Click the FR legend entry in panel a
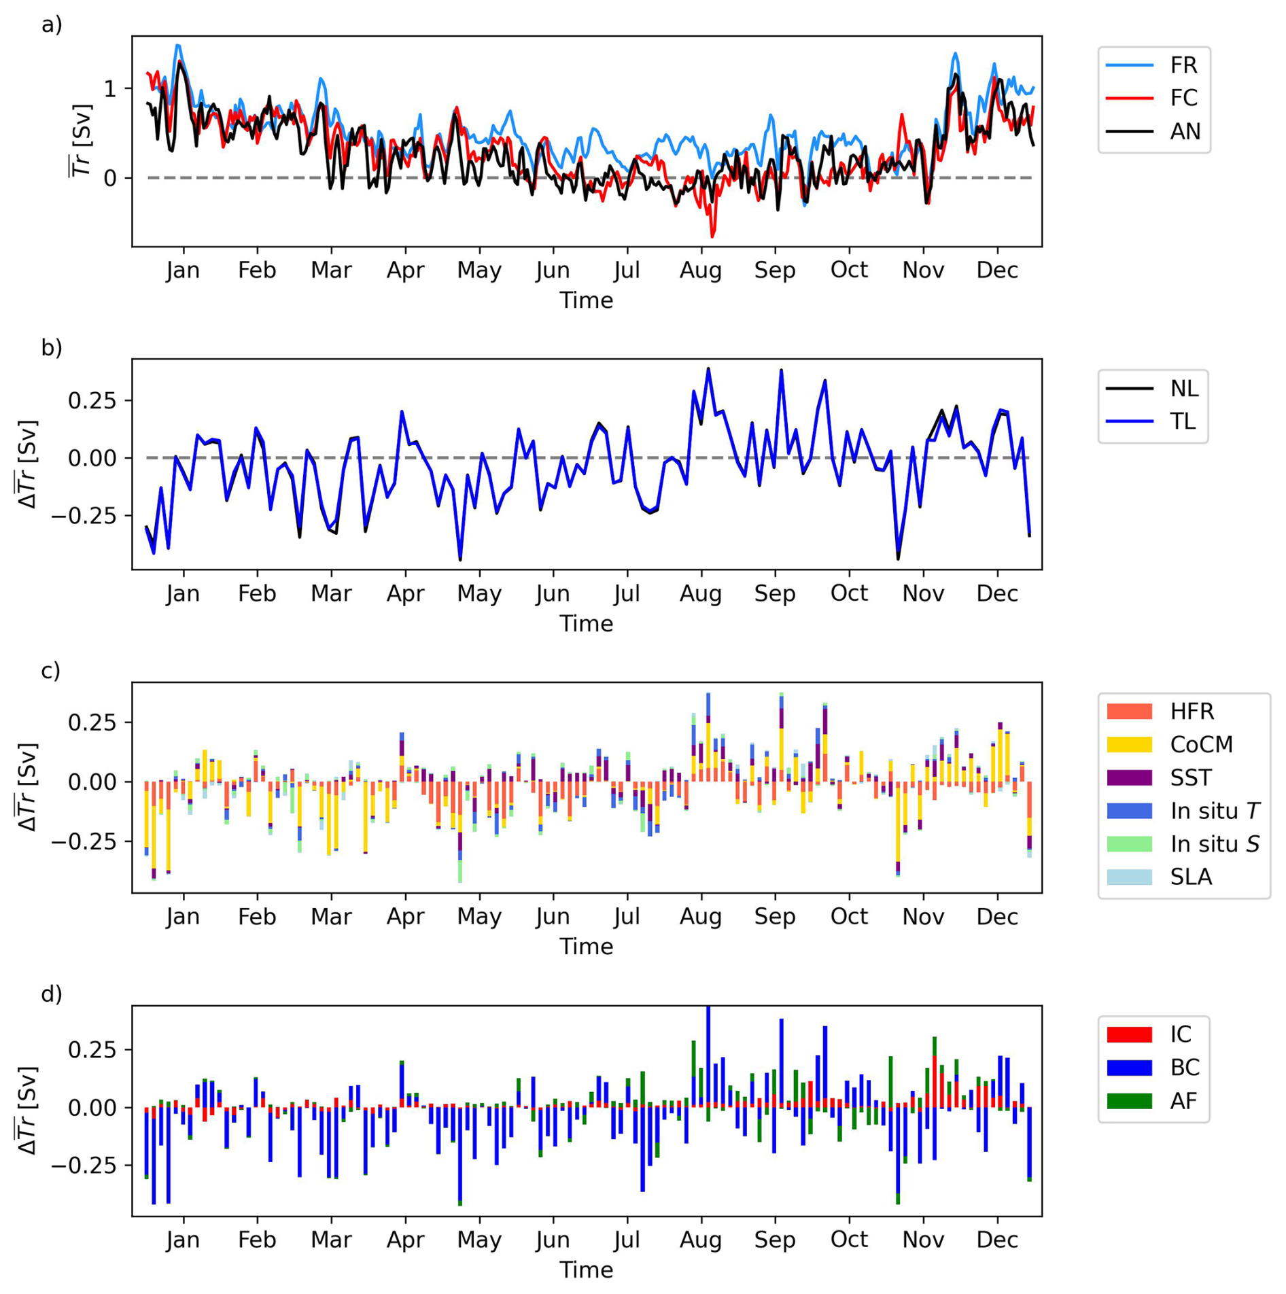tap(1182, 65)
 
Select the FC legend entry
tap(1183, 98)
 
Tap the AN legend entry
tap(1184, 131)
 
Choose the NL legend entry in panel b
tap(1183, 388)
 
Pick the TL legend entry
tap(1182, 421)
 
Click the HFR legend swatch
tap(1129, 711)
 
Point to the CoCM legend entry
tap(1200, 744)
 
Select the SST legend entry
tap(1190, 777)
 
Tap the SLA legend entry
tap(1190, 877)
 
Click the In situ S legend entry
tap(1214, 843)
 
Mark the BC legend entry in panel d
tap(1184, 1068)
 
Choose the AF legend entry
tap(1183, 1101)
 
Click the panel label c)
tap(51, 671)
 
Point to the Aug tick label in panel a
tap(701, 270)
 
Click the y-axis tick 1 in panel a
tap(110, 88)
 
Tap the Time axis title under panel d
tap(586, 1270)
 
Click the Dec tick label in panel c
tap(997, 917)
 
